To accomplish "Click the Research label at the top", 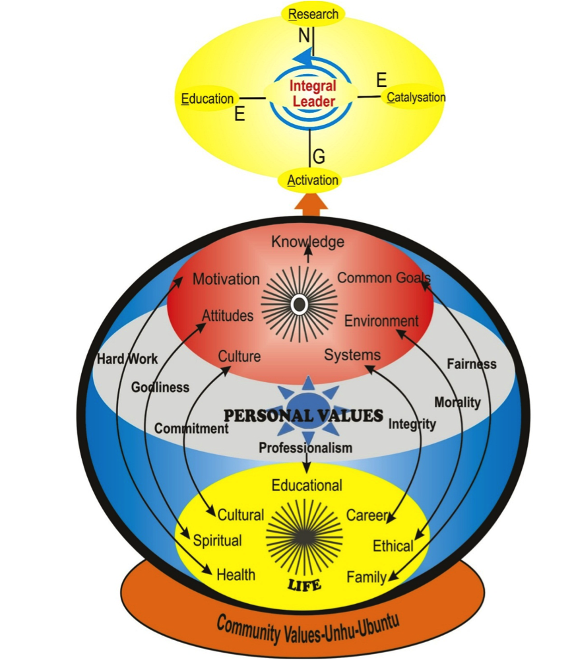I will [313, 15].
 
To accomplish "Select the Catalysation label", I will [416, 98].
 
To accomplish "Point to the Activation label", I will [313, 180].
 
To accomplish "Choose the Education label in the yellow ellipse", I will [207, 99].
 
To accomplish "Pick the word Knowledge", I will [307, 242].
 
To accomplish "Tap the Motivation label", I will [226, 279].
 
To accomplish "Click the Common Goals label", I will [384, 278].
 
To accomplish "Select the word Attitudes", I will [228, 315].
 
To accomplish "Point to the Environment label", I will [381, 321].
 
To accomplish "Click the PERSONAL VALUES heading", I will [303, 416].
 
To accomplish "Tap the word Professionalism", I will [305, 447].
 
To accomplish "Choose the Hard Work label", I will [127, 359].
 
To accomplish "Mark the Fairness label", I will [471, 364].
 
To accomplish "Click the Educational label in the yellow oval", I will [307, 486].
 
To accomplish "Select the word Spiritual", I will [217, 541].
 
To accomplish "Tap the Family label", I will [366, 577].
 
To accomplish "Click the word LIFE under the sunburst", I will [304, 584].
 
